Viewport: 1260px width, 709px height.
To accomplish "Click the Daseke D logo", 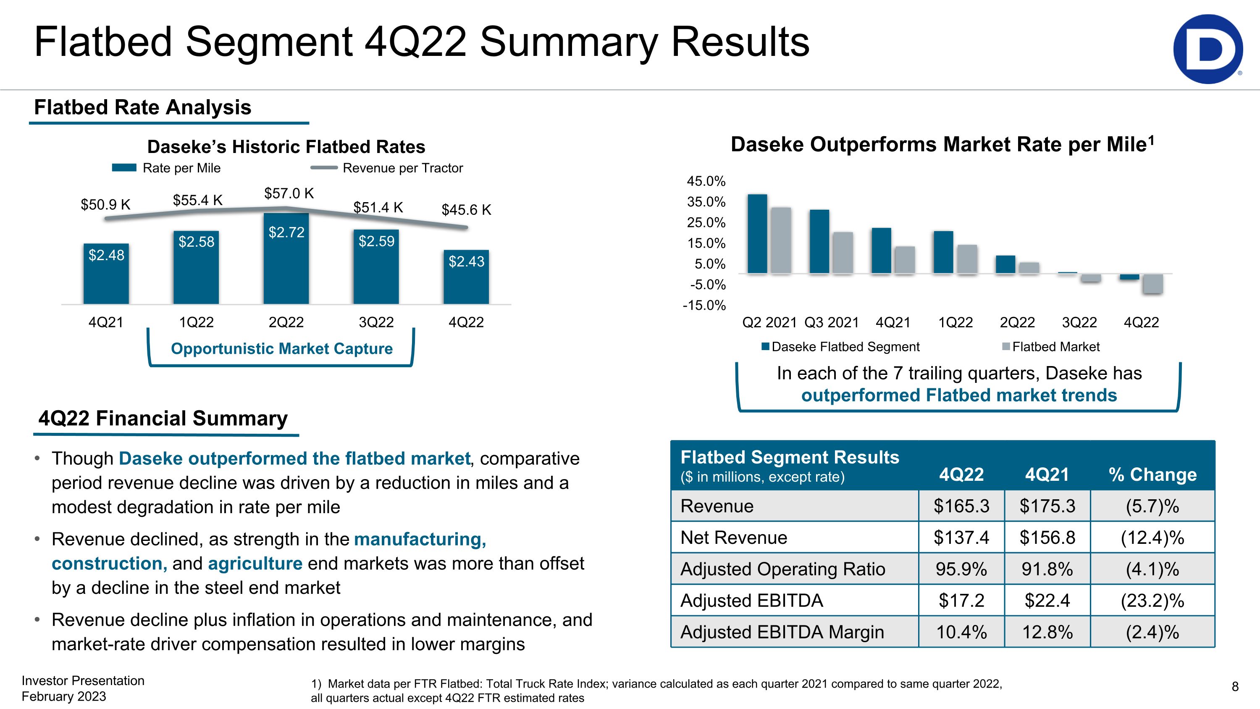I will (1207, 49).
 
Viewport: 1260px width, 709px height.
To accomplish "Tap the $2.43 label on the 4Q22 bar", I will (467, 261).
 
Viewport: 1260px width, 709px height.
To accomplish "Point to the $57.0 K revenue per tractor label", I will (289, 193).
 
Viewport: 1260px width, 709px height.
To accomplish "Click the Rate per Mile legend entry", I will (166, 168).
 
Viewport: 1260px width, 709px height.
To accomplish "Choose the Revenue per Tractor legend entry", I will (386, 168).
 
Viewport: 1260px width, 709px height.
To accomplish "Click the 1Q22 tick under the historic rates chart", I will (196, 322).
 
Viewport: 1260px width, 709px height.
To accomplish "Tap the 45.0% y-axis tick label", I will (706, 181).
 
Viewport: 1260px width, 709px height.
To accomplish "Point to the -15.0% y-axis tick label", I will (704, 305).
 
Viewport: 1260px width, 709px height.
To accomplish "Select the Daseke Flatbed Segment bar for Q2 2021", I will (757, 234).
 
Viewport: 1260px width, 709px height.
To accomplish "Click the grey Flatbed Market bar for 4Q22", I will (1153, 284).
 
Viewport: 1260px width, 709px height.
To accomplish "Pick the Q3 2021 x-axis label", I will (832, 322).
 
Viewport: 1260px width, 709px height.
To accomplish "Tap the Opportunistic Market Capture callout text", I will (282, 348).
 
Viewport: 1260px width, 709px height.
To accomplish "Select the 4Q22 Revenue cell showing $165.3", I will (961, 506).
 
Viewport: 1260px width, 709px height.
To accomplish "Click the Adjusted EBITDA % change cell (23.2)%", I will (1152, 601).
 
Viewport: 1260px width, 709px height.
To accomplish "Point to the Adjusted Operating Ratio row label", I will (782, 569).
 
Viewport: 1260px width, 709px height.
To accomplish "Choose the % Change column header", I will (1152, 474).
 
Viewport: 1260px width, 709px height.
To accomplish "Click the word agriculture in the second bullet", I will (255, 563).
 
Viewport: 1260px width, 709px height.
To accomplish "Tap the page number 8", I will (1234, 686).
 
